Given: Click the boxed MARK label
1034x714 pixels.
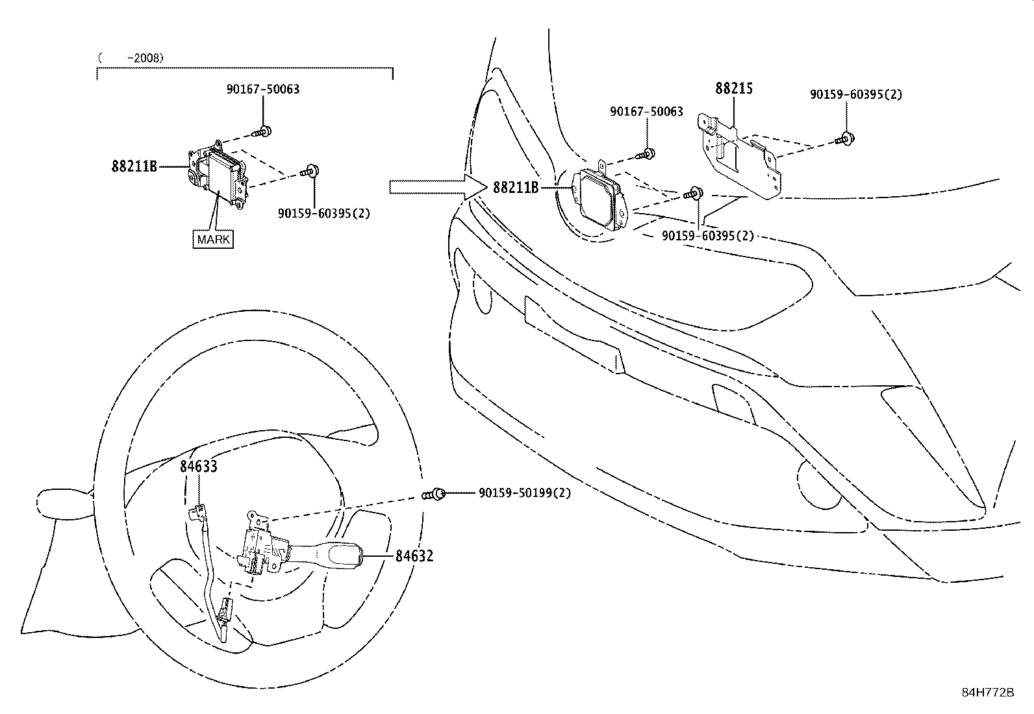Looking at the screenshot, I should tap(214, 239).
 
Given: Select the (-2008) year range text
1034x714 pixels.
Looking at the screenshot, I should tap(131, 58).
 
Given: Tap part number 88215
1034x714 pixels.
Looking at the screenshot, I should tap(734, 88).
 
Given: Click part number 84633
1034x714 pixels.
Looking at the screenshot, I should tap(198, 466).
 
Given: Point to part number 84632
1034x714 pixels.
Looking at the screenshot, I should tap(414, 556).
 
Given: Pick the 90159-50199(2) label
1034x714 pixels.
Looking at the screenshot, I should tap(525, 493).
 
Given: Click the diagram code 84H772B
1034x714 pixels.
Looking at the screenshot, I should tap(987, 693).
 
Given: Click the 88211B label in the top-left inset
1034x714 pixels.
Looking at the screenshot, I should tap(134, 166).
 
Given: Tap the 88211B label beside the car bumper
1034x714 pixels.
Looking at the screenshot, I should tap(516, 188).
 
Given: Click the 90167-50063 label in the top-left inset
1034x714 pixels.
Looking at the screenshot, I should tap(263, 89).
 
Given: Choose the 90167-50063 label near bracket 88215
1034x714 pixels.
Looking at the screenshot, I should tap(646, 112).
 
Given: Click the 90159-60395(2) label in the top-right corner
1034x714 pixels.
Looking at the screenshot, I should tap(856, 94).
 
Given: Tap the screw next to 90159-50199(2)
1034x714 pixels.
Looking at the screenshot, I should tap(435, 494).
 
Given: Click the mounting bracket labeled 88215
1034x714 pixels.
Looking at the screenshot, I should tap(740, 156).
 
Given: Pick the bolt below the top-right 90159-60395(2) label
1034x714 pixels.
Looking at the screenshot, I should tap(846, 138).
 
